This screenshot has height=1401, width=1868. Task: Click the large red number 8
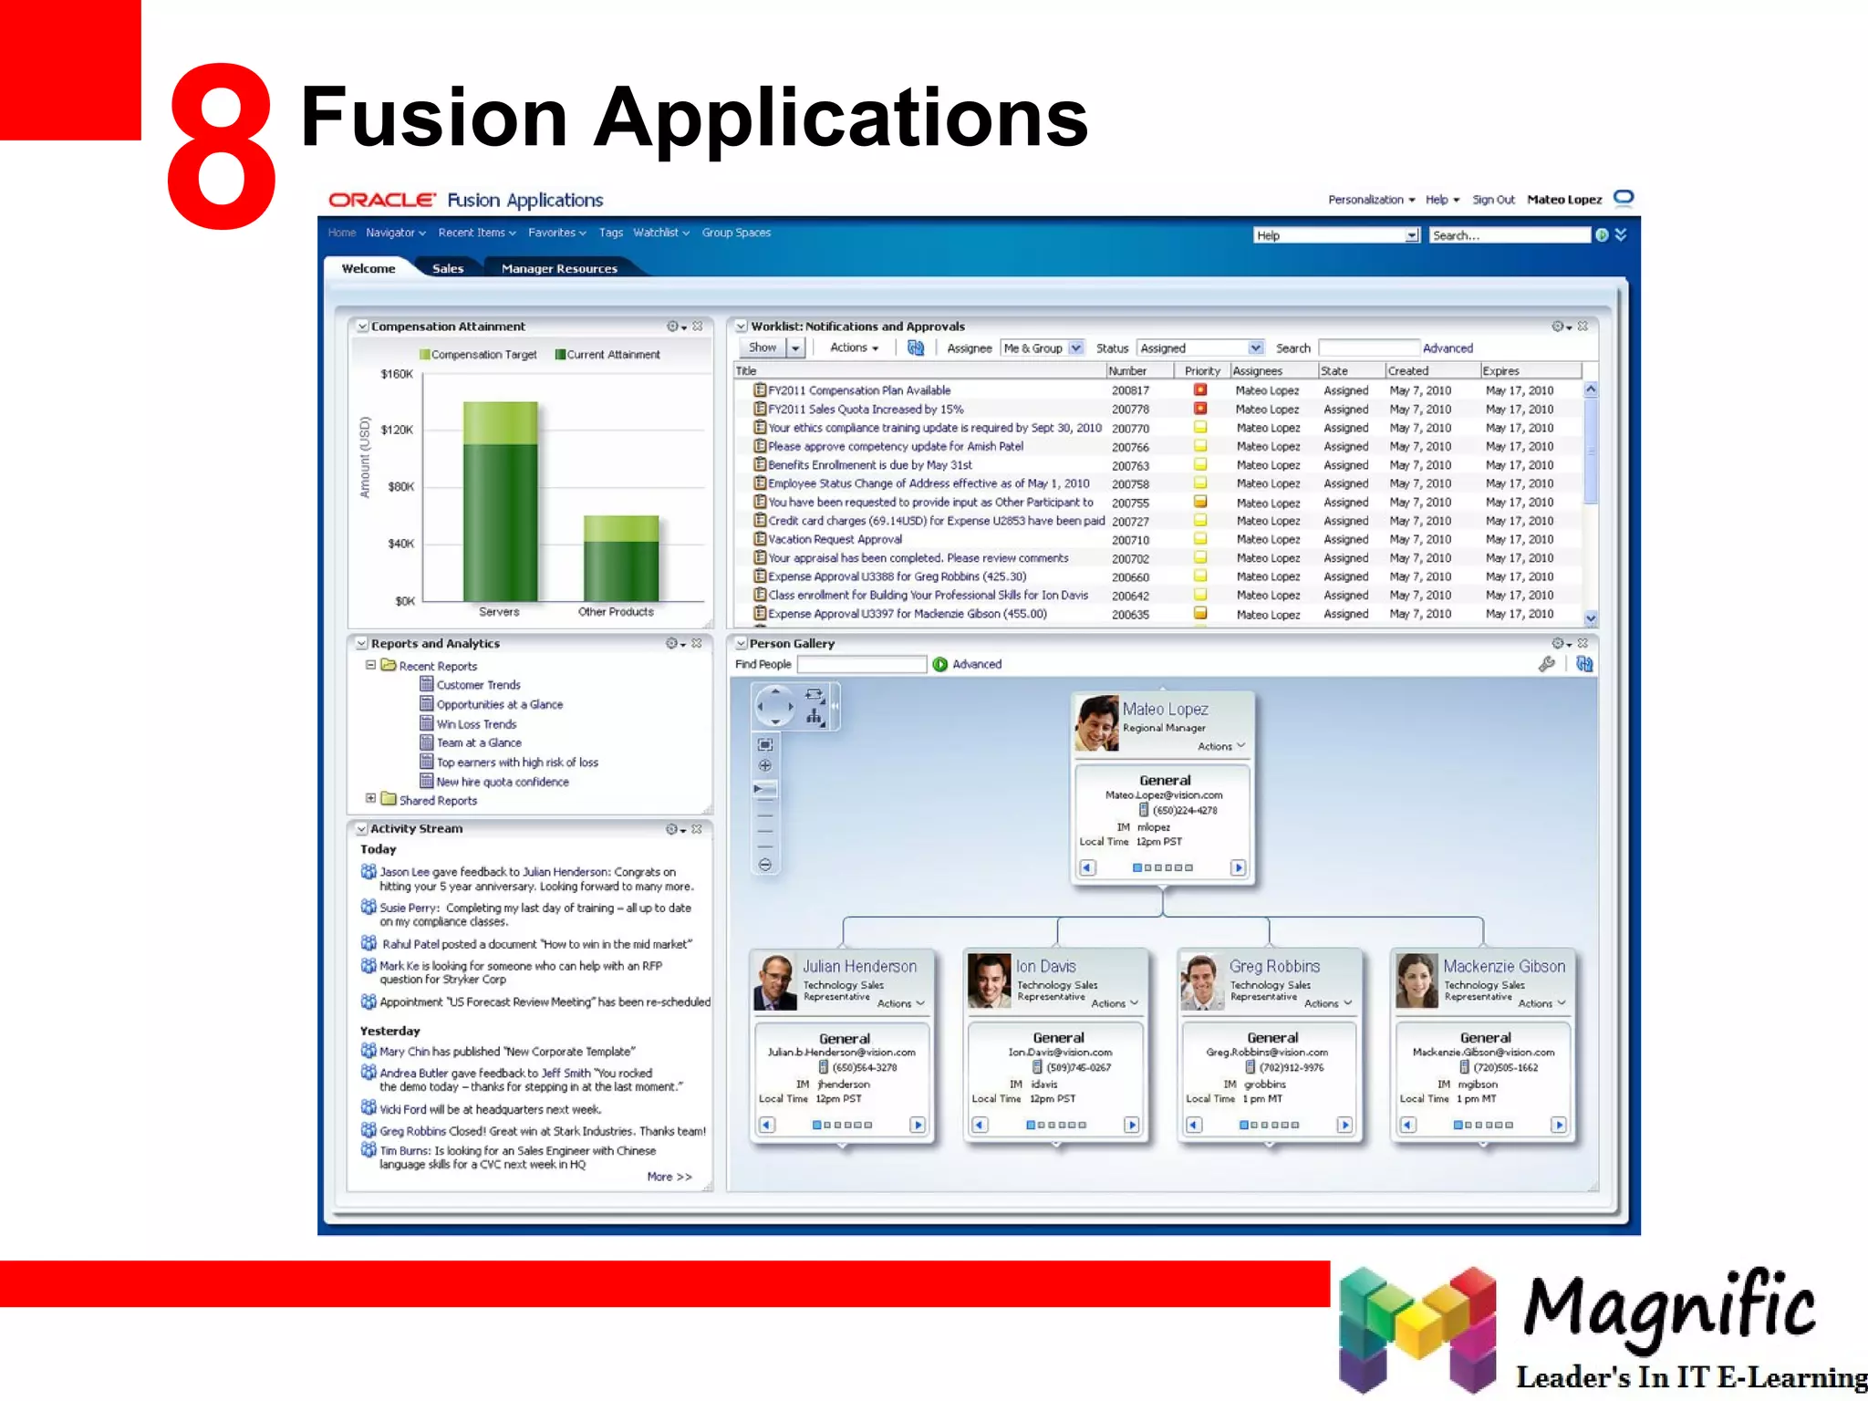(222, 146)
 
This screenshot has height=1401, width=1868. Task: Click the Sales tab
(448, 268)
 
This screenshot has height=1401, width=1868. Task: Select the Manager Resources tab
(559, 268)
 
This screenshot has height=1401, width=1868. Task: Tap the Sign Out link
(1493, 200)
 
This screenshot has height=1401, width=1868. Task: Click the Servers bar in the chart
(500, 511)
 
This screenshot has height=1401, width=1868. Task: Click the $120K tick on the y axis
(397, 430)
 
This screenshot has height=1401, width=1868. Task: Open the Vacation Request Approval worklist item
(835, 539)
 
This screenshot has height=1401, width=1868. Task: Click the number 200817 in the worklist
(1130, 390)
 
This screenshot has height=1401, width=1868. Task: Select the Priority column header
(1202, 371)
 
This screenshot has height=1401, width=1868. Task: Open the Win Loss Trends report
(476, 724)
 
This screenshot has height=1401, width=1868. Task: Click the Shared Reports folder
(438, 801)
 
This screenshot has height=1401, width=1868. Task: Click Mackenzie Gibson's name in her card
(1504, 966)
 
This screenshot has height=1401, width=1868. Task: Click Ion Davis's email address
(1060, 1052)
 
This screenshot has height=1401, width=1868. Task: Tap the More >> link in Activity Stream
(669, 1177)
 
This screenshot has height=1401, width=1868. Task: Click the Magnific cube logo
(1417, 1328)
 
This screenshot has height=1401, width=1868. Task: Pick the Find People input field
(862, 665)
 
